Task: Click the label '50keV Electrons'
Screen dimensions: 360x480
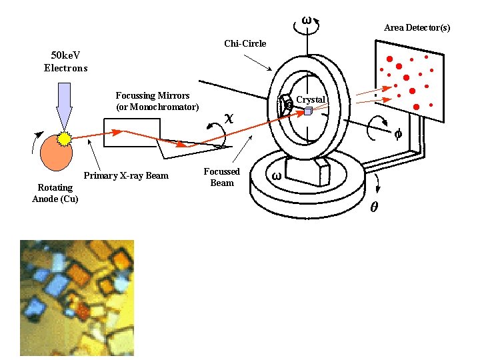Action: [65, 62]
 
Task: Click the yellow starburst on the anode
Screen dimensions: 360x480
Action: [65, 139]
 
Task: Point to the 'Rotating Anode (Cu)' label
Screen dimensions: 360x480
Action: [55, 193]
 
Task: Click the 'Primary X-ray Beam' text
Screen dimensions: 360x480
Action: [126, 176]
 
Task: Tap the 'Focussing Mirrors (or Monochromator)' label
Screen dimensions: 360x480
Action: [157, 101]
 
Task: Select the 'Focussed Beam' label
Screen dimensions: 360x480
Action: [221, 177]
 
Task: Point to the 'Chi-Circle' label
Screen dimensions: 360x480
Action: [245, 44]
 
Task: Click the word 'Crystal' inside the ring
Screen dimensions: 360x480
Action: [311, 100]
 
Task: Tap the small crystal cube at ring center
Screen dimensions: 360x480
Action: [307, 111]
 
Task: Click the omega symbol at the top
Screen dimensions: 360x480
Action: [306, 20]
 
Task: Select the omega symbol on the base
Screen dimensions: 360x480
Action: [276, 177]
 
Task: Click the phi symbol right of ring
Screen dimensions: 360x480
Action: [397, 133]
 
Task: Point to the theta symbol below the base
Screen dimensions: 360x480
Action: [374, 207]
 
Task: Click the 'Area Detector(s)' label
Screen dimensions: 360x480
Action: [417, 28]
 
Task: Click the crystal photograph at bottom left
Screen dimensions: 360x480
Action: [77, 297]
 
